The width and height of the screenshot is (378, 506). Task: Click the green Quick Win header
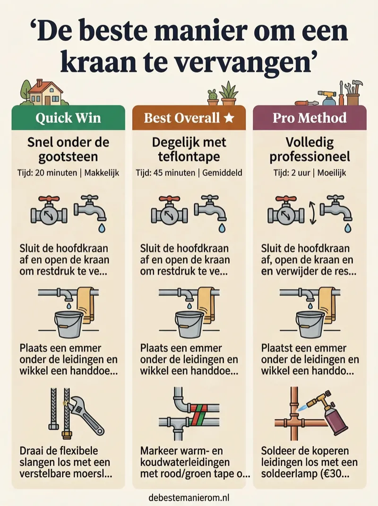click(x=68, y=118)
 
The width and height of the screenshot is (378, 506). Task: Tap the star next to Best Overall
click(x=229, y=118)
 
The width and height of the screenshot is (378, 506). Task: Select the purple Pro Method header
click(x=309, y=118)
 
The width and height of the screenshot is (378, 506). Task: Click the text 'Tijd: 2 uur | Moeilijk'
click(x=309, y=173)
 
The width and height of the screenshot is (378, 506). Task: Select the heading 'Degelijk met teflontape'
click(x=189, y=149)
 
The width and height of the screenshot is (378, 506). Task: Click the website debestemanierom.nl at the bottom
click(x=189, y=497)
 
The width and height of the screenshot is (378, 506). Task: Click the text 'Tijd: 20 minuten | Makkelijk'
click(x=68, y=173)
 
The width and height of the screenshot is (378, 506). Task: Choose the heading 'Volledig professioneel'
click(x=309, y=149)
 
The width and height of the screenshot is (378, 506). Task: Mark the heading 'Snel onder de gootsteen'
click(x=68, y=149)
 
